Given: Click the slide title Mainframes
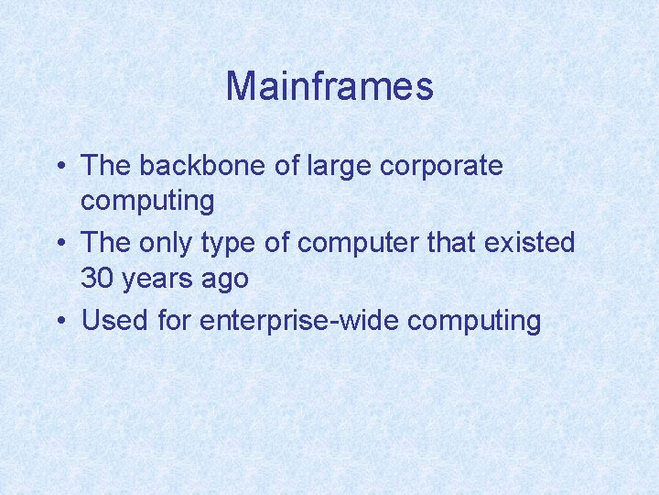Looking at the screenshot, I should [x=329, y=87].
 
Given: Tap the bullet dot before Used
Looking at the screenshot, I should [x=59, y=321].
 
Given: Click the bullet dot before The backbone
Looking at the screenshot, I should [x=59, y=167].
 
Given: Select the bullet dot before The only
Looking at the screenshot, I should [x=59, y=244].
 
